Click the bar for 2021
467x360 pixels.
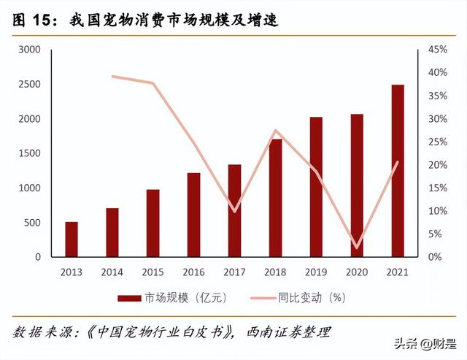click(397, 171)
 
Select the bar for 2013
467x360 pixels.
click(72, 240)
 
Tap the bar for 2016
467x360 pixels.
click(193, 215)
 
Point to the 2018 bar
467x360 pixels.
click(275, 198)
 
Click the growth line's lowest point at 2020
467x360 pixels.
click(357, 248)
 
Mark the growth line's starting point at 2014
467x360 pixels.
click(112, 76)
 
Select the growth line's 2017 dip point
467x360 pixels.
click(234, 211)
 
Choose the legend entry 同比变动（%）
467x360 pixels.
click(300, 298)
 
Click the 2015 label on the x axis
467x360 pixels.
click(153, 272)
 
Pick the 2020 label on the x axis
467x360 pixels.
click(356, 272)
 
